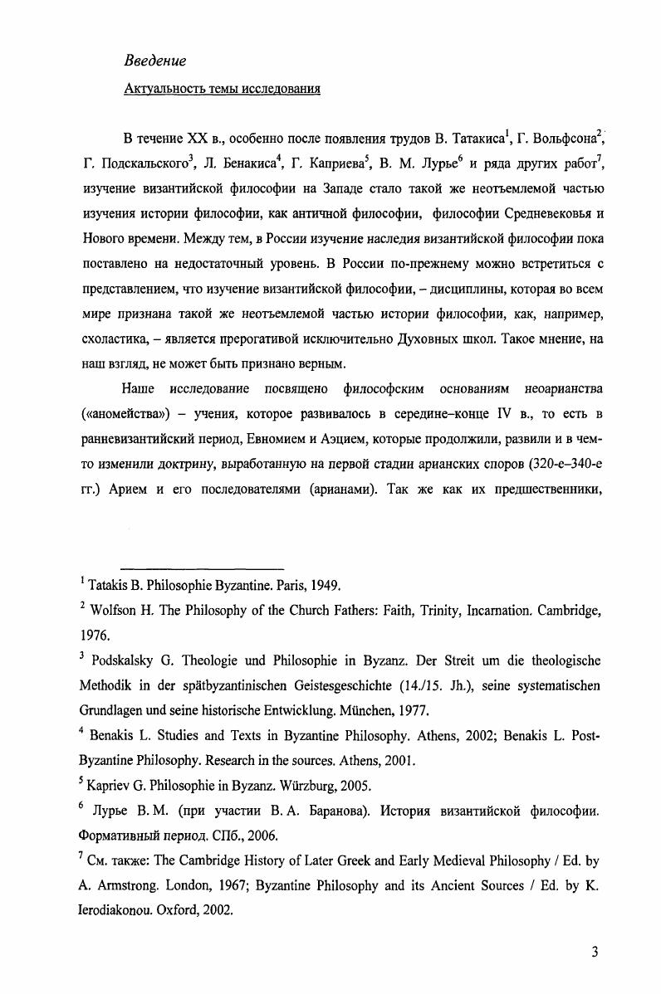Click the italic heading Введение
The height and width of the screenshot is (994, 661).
154,61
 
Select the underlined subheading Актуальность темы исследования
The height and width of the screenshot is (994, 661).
222,89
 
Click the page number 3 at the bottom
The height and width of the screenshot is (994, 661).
595,952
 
